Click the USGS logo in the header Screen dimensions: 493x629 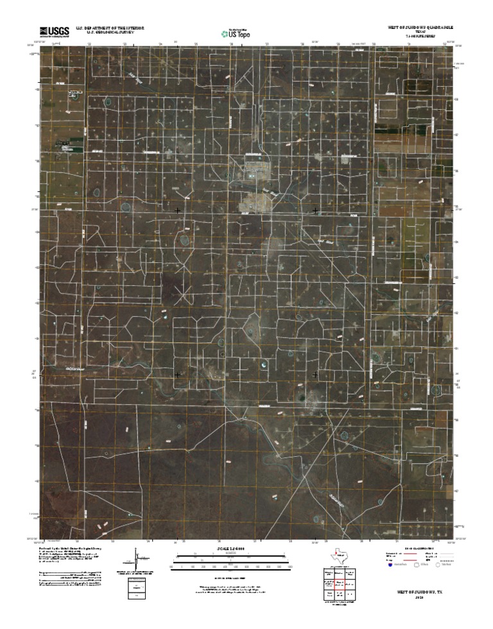55,31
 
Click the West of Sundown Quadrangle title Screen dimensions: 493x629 420,28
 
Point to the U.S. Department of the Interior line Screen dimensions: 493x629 109,28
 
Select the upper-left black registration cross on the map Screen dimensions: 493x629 177,210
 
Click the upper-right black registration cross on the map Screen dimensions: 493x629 315,210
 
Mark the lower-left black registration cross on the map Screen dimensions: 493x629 177,374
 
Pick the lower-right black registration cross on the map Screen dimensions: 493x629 315,374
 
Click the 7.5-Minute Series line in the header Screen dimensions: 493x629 420,37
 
